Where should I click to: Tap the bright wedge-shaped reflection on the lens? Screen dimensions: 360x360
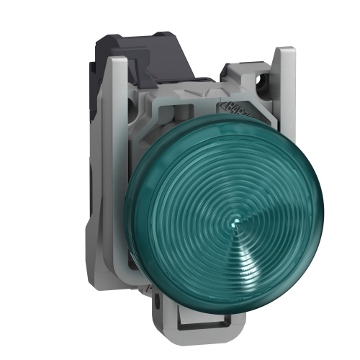(248, 241)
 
